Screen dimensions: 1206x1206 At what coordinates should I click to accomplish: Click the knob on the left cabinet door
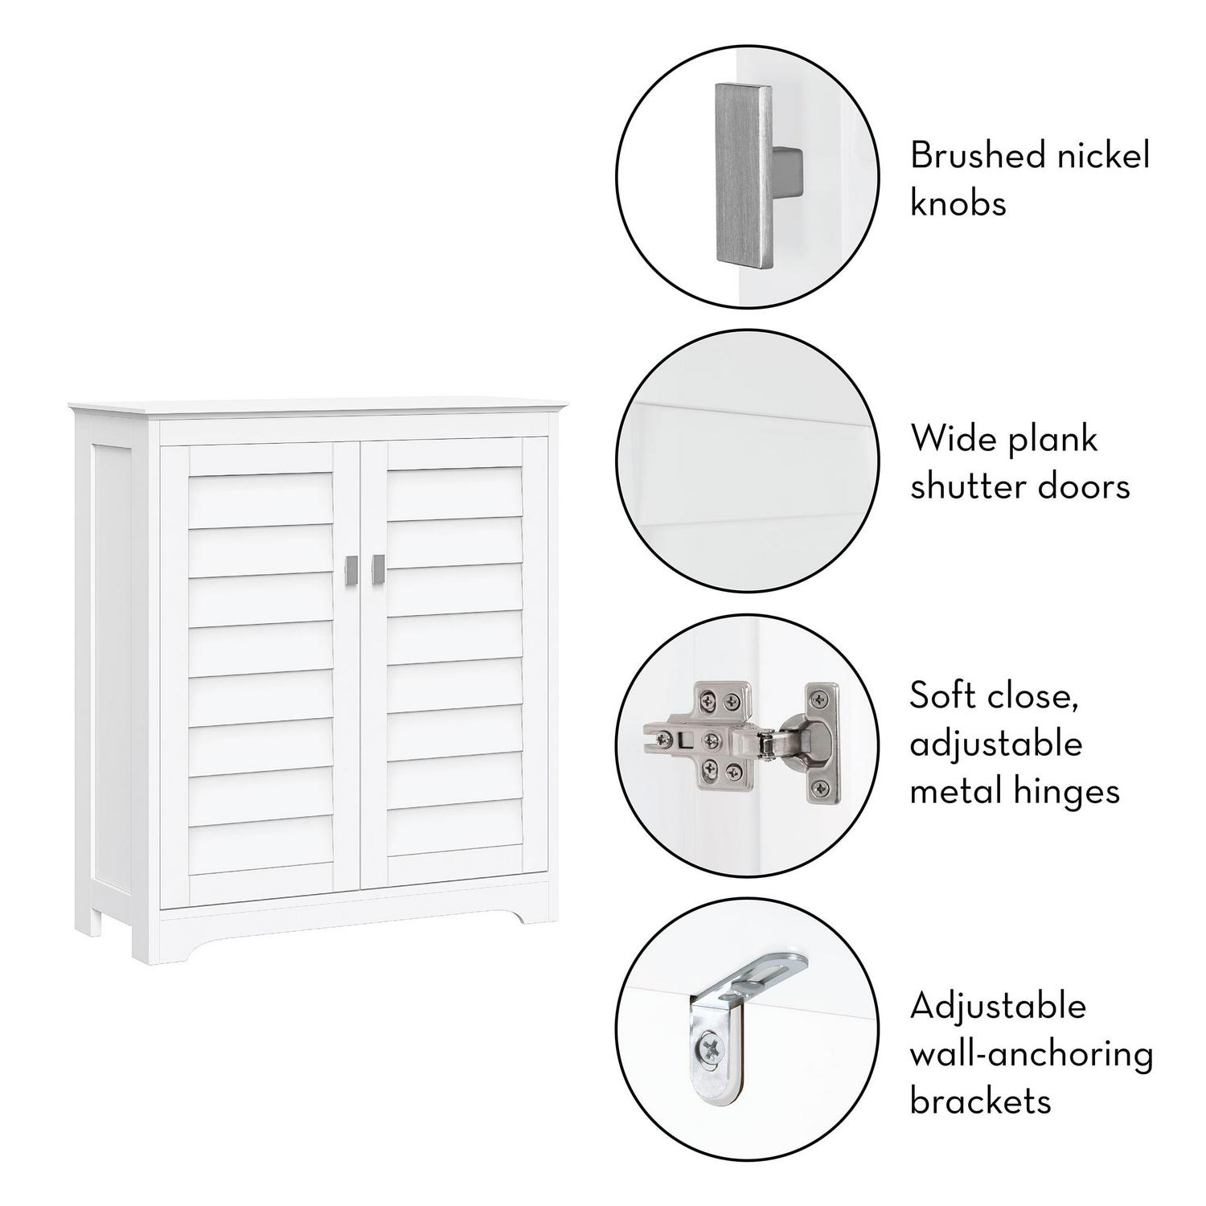pos(350,569)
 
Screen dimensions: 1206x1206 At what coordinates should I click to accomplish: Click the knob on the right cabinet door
pos(378,569)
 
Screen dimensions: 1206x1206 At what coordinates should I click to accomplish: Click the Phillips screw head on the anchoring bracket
pos(709,1048)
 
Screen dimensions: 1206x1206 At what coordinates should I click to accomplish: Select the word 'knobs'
pos(958,203)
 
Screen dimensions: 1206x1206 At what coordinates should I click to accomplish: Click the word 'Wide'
pos(954,439)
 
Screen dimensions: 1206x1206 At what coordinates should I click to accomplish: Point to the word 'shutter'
pos(974,486)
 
